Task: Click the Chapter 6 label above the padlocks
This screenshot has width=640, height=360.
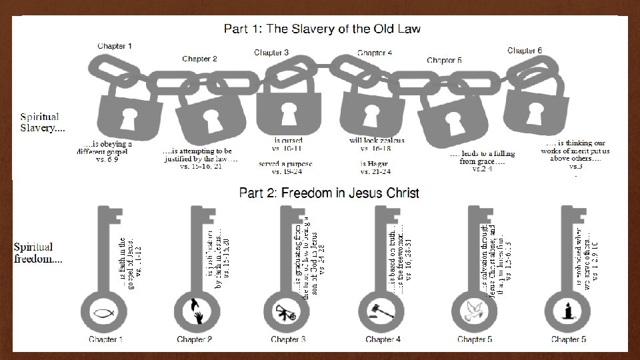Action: [525, 50]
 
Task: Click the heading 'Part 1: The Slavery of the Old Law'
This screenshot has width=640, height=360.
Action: [322, 29]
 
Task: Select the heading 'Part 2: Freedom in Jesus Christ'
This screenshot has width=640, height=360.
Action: [329, 193]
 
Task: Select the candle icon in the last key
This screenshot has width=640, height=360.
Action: [568, 311]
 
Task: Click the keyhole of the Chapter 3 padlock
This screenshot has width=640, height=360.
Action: [287, 113]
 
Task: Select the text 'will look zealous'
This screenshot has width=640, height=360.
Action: [377, 141]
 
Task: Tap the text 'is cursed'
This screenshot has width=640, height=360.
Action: [288, 141]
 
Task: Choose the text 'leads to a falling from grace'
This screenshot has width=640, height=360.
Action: [479, 158]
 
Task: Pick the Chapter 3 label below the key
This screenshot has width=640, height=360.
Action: [288, 339]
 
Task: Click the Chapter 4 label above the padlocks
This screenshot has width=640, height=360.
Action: [375, 52]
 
